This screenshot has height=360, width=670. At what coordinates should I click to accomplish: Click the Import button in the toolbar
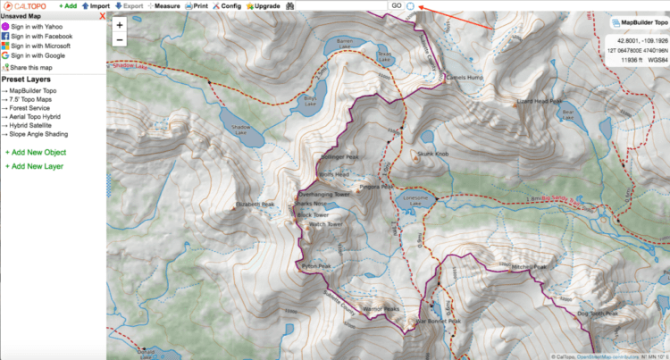click(98, 5)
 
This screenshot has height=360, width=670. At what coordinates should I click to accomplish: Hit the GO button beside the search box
click(395, 5)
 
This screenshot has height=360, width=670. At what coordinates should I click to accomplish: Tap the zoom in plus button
click(120, 25)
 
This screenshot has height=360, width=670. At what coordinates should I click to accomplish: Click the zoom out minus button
click(120, 39)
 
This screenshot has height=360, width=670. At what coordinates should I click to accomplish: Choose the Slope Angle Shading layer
click(41, 134)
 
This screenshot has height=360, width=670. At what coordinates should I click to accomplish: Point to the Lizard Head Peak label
click(540, 102)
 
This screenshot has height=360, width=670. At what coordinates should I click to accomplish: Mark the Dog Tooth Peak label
click(598, 314)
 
